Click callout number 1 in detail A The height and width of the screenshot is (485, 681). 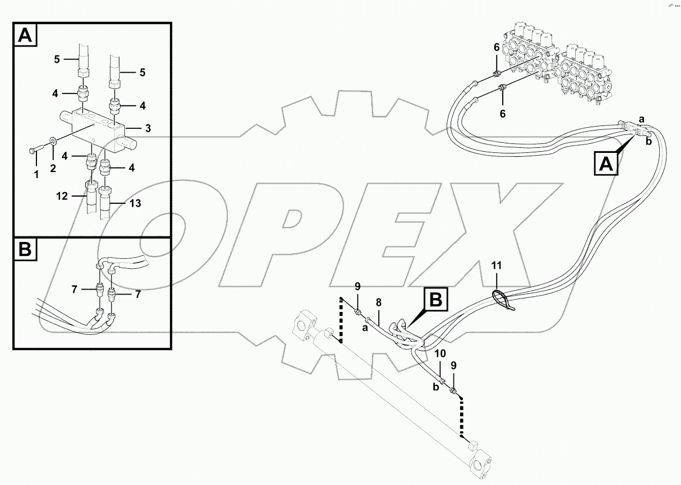coord(36,174)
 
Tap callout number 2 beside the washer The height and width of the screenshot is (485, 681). coord(53,168)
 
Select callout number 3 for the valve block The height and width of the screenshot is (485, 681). coord(147,129)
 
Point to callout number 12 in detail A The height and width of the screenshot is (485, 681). coord(62,196)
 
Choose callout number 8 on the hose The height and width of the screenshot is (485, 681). coord(379,302)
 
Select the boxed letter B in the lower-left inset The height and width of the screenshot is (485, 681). coord(25,250)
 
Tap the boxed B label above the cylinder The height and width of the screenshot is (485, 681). coord(436,300)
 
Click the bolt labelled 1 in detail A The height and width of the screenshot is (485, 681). coord(33,150)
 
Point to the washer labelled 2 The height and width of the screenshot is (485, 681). coord(53,142)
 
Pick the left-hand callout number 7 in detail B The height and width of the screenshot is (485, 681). coord(74,289)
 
